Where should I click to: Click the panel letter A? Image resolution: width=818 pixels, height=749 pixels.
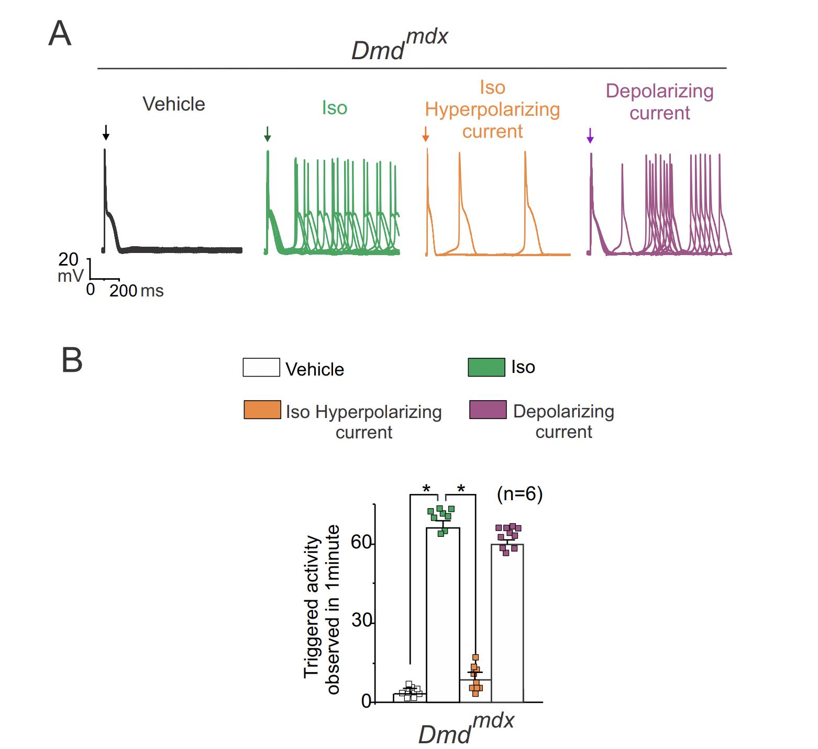pyautogui.click(x=59, y=35)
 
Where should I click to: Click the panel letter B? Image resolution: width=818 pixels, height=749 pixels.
pyautogui.click(x=72, y=361)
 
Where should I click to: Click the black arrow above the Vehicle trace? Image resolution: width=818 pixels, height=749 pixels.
pyautogui.click(x=106, y=133)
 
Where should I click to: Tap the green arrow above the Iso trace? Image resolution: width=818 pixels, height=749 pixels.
pyautogui.click(x=268, y=134)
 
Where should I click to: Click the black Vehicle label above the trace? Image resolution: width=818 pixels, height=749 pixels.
pyautogui.click(x=174, y=104)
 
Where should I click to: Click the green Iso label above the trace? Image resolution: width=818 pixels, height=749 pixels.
pyautogui.click(x=335, y=108)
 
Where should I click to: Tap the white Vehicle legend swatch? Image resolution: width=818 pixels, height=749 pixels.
pyautogui.click(x=261, y=367)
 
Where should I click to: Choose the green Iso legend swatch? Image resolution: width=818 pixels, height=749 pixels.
pyautogui.click(x=487, y=367)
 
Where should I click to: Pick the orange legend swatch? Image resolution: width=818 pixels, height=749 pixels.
pyautogui.click(x=262, y=410)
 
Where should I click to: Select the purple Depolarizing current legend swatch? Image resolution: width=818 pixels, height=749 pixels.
pyautogui.click(x=488, y=410)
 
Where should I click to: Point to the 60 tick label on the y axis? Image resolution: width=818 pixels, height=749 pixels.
pyautogui.click(x=360, y=542)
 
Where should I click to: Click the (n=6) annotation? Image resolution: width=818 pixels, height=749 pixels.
pyautogui.click(x=519, y=494)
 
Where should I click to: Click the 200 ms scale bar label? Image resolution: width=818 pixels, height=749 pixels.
pyautogui.click(x=136, y=291)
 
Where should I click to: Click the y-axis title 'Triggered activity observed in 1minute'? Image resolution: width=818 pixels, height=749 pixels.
pyautogui.click(x=322, y=609)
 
